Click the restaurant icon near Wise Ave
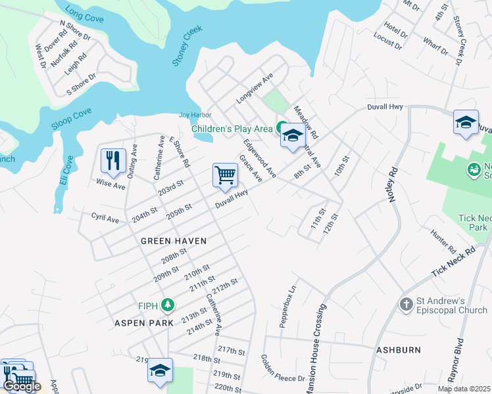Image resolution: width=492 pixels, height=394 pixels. [x=113, y=161]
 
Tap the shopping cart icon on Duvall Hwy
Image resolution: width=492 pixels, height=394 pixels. [x=225, y=175]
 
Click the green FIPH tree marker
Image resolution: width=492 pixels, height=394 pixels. [x=168, y=304]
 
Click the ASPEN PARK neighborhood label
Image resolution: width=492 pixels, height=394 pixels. [x=144, y=323]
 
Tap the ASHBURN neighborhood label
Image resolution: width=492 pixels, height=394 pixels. [x=398, y=350]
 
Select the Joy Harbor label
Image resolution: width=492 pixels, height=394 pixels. [x=194, y=115]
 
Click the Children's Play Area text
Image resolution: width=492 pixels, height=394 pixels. [x=232, y=128]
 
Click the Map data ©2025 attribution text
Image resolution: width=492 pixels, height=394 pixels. [x=464, y=389]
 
